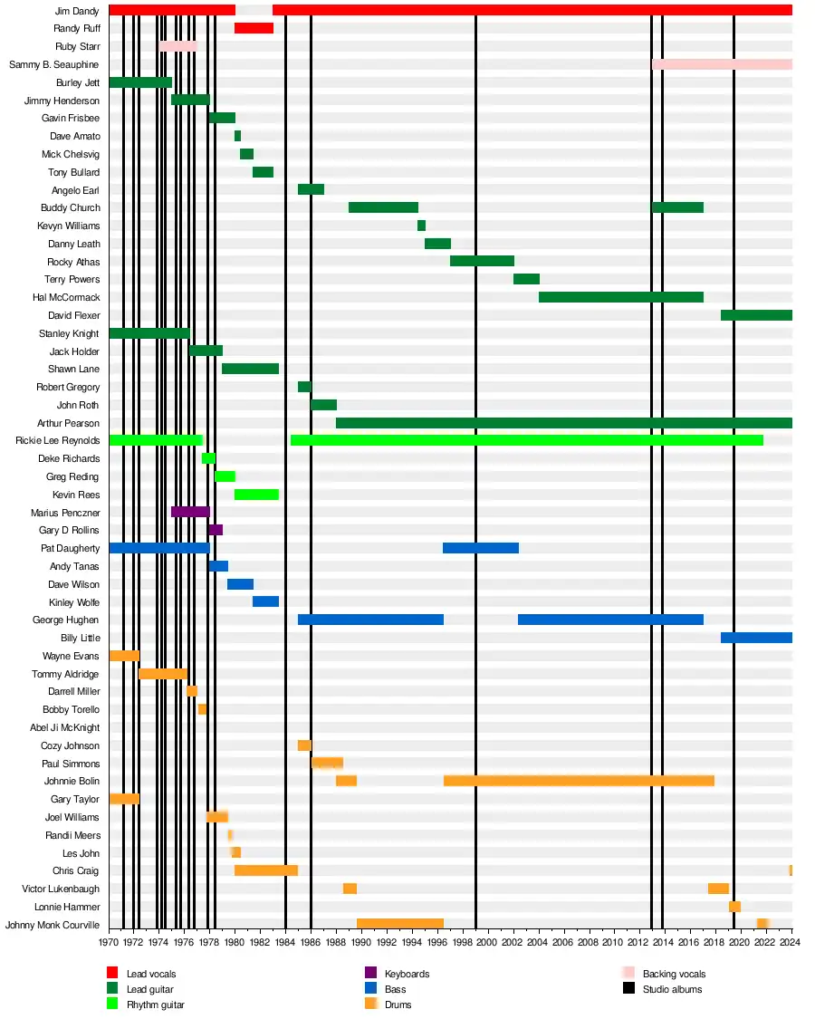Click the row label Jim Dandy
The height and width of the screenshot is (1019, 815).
[x=78, y=11]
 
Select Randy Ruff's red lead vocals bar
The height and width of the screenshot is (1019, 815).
[x=254, y=28]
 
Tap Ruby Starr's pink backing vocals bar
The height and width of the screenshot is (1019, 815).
[x=178, y=46]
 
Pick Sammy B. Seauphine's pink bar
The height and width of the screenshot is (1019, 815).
[x=722, y=64]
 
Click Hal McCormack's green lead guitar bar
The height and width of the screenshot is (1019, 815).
[x=620, y=297]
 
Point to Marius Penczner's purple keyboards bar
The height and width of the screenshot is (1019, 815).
[x=190, y=512]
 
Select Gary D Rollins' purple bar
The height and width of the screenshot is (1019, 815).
[x=216, y=530]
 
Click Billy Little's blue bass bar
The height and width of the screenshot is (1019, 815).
[x=756, y=638]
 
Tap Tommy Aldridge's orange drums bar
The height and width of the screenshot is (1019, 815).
[x=163, y=673]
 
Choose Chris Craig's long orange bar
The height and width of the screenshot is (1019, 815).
[x=266, y=870]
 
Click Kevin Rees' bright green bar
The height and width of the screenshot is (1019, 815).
[x=256, y=495]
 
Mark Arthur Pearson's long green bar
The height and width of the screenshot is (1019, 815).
[x=563, y=423]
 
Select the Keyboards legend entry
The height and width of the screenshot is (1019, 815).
[x=407, y=974]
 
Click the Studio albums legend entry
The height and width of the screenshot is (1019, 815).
[x=672, y=989]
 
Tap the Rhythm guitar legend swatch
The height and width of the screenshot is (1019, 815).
[x=112, y=1004]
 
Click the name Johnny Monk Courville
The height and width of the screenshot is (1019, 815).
[x=53, y=925]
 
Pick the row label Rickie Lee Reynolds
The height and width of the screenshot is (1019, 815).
[x=58, y=440]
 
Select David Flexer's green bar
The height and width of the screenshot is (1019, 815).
[x=756, y=315]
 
